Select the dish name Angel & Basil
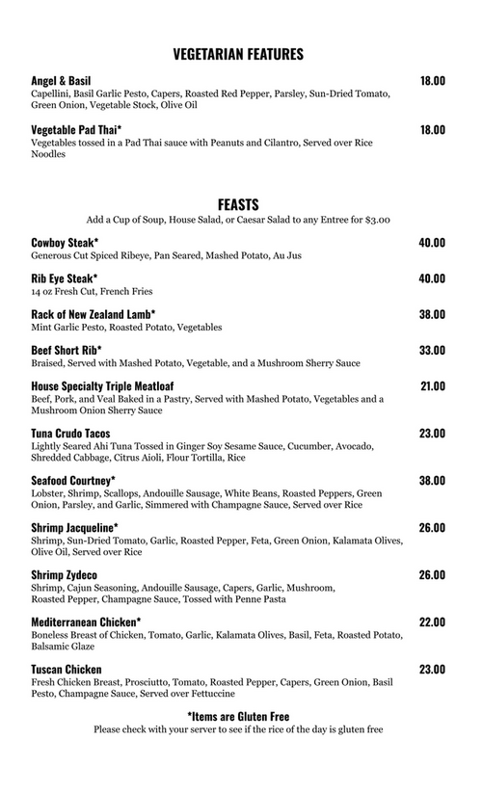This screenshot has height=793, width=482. [60, 81]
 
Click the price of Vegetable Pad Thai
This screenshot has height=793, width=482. [432, 130]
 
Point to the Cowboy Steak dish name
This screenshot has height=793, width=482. [65, 243]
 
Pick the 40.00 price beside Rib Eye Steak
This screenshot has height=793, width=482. [432, 278]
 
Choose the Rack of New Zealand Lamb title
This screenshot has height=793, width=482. [93, 314]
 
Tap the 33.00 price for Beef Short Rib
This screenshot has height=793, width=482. [432, 350]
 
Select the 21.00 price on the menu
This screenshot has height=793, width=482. [432, 385]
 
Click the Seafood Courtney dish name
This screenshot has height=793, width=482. [73, 480]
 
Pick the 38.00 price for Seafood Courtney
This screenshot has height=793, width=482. [432, 480]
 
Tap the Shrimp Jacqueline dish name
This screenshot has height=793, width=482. [74, 528]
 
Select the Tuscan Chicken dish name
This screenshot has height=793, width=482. [67, 669]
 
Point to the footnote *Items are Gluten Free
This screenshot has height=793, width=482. [238, 716]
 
